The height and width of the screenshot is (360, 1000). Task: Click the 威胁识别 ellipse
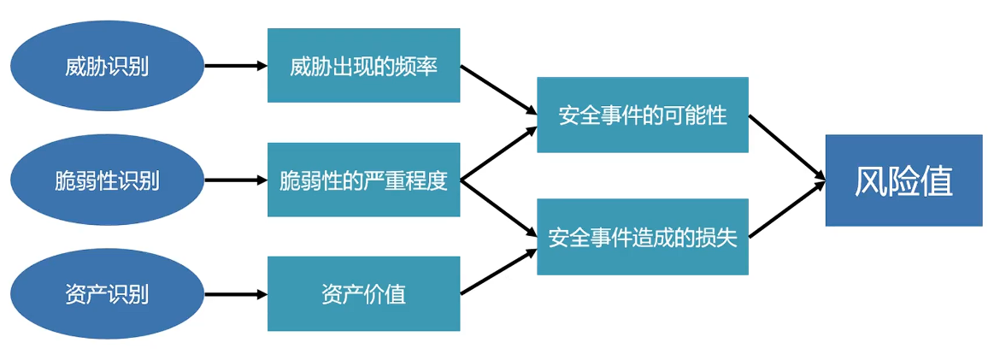click(x=107, y=66)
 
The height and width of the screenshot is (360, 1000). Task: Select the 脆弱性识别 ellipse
click(x=107, y=180)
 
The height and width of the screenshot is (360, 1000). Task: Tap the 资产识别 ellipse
click(x=107, y=295)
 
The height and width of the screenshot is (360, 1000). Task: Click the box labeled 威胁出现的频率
click(x=363, y=66)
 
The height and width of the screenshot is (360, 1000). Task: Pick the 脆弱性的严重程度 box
click(x=363, y=180)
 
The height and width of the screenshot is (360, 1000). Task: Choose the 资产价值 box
click(x=363, y=294)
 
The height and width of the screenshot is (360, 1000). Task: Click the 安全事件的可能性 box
click(x=642, y=115)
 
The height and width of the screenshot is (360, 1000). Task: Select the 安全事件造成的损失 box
click(x=642, y=237)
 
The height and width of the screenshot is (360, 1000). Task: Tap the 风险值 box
click(x=903, y=180)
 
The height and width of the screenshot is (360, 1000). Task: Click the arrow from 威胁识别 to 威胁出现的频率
click(x=236, y=66)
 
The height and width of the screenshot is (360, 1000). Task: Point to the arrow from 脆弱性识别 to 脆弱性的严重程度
click(x=236, y=180)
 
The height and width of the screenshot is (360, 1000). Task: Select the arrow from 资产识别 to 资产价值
click(x=236, y=295)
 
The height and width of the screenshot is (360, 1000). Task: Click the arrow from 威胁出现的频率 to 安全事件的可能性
click(x=498, y=91)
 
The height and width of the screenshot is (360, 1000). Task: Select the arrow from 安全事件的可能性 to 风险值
click(x=786, y=147)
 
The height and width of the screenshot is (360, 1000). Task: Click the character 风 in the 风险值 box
click(x=871, y=181)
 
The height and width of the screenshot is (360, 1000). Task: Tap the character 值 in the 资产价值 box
click(x=395, y=295)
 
